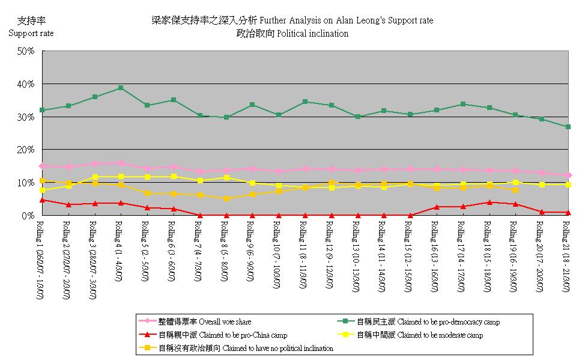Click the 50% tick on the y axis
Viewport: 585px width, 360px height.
point(26,52)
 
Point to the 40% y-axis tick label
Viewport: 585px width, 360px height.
point(26,84)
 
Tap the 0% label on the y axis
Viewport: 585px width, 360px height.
point(28,215)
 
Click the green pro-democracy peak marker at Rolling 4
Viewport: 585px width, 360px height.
point(121,88)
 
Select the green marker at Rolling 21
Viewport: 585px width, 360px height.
point(568,127)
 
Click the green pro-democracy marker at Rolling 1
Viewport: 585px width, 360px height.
point(42,110)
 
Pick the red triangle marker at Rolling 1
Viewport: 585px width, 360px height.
point(42,200)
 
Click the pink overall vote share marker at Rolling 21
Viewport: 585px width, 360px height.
point(568,175)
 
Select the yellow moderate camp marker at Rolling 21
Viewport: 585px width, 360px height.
point(568,185)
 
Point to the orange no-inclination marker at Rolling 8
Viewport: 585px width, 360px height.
point(226,198)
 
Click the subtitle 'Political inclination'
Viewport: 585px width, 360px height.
point(292,34)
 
